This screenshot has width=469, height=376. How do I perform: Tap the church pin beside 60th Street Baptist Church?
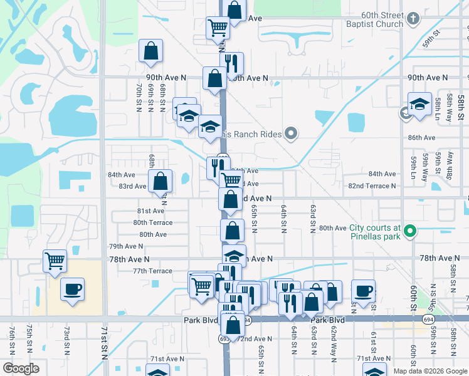413,19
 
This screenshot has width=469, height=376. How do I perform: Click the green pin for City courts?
410,232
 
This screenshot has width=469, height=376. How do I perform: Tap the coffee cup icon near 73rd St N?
72,290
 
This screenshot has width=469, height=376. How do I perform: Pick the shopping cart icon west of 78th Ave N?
55,260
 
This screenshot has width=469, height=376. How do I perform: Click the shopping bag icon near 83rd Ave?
161,181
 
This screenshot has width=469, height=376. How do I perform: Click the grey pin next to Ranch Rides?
290,133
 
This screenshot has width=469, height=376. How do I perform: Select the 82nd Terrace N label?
372,186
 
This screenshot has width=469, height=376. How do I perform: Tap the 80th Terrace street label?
152,222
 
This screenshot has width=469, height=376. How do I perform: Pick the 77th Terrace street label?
152,271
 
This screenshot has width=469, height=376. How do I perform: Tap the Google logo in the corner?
21,368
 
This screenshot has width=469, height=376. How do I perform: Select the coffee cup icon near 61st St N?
363,290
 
